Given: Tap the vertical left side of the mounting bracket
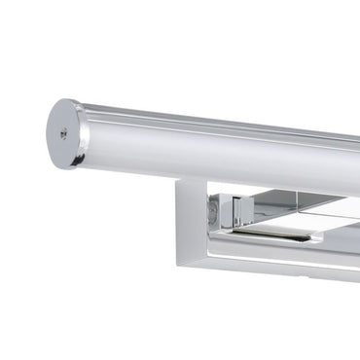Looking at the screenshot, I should point(185,224).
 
